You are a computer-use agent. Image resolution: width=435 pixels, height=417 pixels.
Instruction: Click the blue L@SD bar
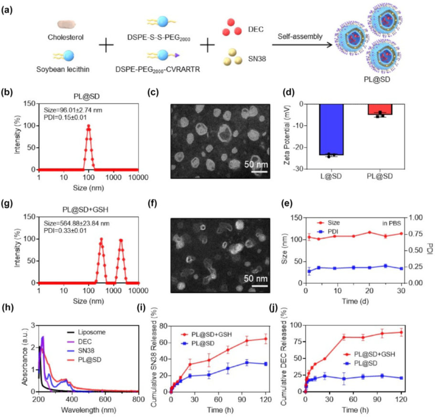point(330,129)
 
